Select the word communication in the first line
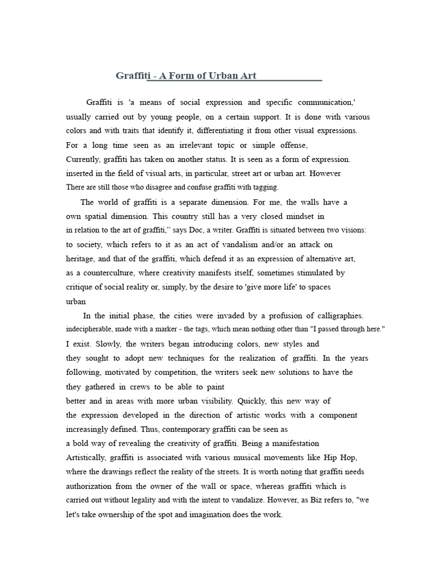(x=322, y=103)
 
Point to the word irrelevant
(x=199, y=145)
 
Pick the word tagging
(x=266, y=187)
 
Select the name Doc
(x=196, y=230)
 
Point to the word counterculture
(x=105, y=273)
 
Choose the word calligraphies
(x=339, y=316)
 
